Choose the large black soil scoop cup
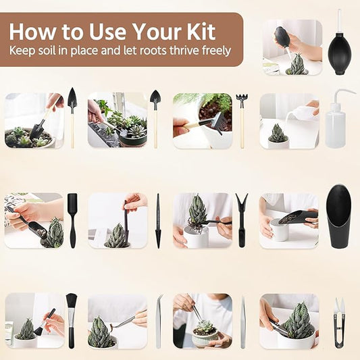coord(339,215)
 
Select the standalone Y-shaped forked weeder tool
coord(242,220)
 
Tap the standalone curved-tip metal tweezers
coord(159,321)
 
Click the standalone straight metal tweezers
coord(242,321)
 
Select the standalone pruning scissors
coord(339,322)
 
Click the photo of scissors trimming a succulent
coord(289,320)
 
